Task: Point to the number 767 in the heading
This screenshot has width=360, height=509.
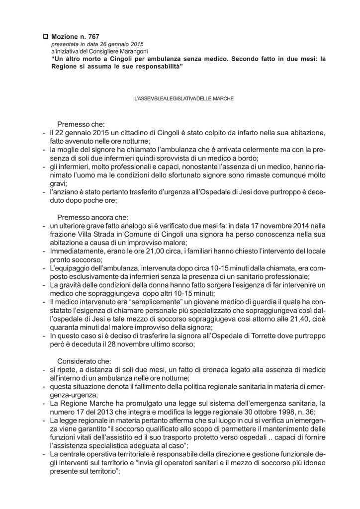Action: [x=93, y=36]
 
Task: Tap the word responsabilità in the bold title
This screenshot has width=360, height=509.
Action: [x=159, y=66]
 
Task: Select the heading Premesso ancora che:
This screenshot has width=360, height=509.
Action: [x=92, y=217]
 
